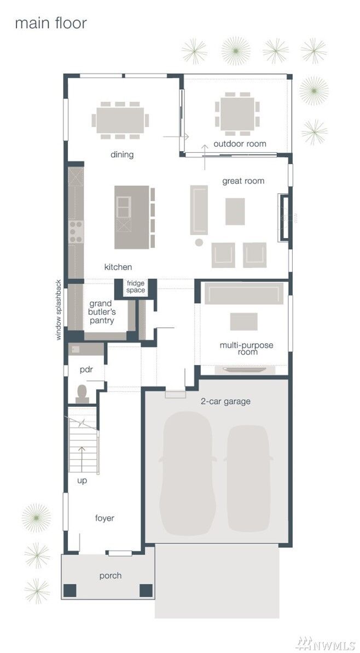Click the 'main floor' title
tap(50, 24)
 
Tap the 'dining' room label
tap(122, 154)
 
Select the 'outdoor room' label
tap(240, 144)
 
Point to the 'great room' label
tap(243, 181)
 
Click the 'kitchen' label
tap(118, 267)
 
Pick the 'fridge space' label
tap(136, 286)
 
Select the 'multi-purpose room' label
tap(246, 349)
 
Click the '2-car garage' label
tap(225, 401)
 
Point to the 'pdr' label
tap(86, 369)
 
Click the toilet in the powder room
tap(82, 393)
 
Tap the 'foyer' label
tap(104, 518)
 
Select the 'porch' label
tap(111, 575)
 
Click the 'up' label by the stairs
tap(82, 481)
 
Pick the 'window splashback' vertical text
tap(59, 310)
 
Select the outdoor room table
tap(236, 114)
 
